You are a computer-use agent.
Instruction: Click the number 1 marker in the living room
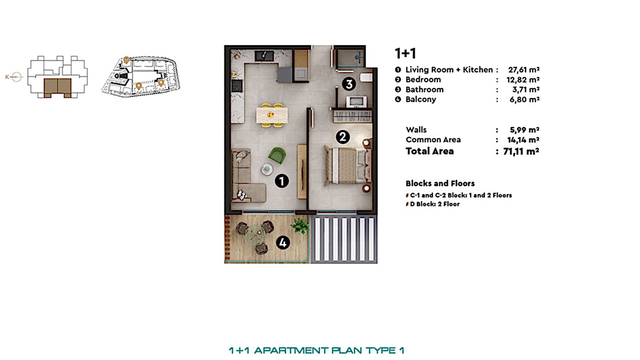[x=282, y=181]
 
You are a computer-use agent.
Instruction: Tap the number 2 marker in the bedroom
[x=343, y=137]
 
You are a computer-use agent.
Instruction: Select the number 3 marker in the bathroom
[x=349, y=84]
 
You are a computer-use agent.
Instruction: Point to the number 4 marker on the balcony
[x=283, y=242]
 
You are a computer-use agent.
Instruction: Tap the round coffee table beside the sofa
[x=267, y=169]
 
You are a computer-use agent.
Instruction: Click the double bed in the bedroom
[x=347, y=165]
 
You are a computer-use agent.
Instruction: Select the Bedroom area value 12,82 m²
[x=524, y=79]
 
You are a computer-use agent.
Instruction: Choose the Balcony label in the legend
[x=421, y=99]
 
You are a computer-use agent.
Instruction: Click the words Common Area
[x=433, y=140]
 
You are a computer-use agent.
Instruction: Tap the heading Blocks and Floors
[x=440, y=183]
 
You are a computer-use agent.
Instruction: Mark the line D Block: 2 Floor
[x=435, y=204]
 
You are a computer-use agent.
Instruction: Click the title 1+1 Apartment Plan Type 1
[x=316, y=350]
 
